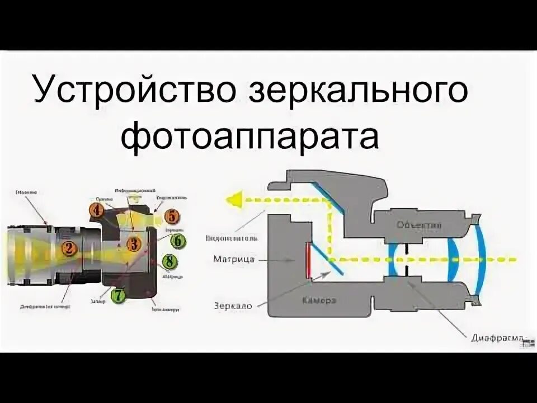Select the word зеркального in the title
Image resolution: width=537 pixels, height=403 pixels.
tap(356, 91)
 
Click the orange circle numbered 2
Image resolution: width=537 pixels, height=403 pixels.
tap(69, 248)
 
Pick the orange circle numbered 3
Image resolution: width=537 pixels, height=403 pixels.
tap(133, 244)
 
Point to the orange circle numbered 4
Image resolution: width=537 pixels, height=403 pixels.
tap(96, 210)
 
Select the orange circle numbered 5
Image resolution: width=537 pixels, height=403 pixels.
tap(172, 215)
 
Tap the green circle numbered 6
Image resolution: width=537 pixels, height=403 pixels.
tap(177, 241)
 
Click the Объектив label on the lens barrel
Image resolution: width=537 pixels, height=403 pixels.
tap(418, 225)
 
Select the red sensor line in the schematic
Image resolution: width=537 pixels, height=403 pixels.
tap(309, 260)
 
